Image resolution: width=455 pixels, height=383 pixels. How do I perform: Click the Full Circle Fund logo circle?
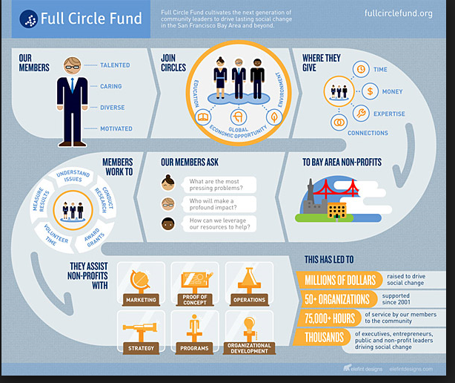coord(28,19)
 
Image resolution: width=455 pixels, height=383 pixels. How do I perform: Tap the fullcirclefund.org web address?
coord(399,13)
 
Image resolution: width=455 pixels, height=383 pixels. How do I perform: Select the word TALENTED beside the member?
coord(115,65)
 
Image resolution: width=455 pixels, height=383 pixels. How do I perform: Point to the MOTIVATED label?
coord(116,128)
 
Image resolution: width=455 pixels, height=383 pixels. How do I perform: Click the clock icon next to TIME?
coord(359,69)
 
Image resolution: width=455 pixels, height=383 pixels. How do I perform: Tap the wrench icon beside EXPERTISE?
coord(359,113)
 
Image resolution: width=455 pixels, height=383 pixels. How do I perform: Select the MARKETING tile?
coord(141,286)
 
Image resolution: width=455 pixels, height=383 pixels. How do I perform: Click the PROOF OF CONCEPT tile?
coord(195,286)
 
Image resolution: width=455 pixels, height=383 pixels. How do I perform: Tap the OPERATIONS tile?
coord(249,286)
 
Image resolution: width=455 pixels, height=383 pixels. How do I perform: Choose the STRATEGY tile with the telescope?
coord(141,333)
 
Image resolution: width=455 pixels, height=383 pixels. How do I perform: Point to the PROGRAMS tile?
coord(195,333)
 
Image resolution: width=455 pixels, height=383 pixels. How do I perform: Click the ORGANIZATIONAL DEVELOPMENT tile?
coord(249,333)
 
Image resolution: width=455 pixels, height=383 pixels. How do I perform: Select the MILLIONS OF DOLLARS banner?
coord(339,280)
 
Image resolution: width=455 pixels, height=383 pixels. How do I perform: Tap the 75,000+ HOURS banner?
coord(331,318)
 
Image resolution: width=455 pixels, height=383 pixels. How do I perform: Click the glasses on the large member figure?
coord(72,65)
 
